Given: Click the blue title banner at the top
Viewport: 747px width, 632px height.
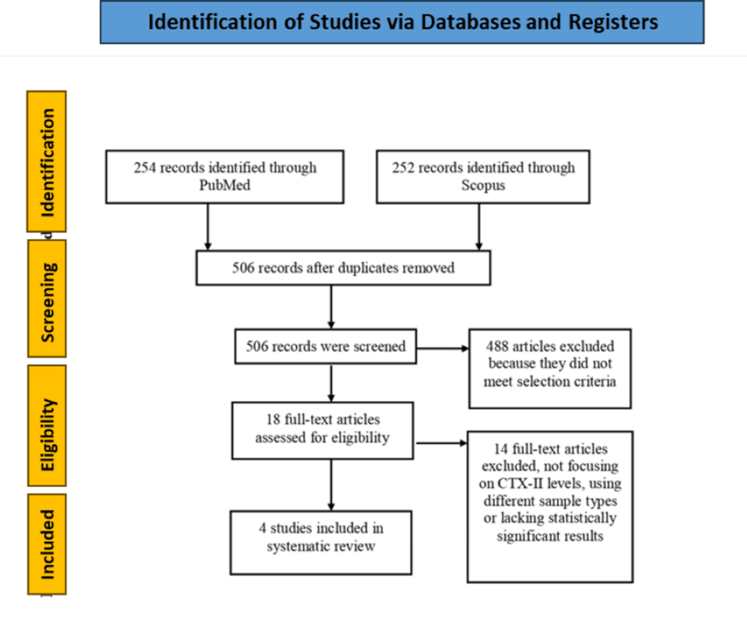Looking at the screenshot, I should [402, 22].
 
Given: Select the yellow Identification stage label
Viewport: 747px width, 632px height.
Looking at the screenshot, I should [46, 161].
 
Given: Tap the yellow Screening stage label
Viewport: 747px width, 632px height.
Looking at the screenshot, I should [46, 298].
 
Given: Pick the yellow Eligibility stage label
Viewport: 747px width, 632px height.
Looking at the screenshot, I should [46, 425].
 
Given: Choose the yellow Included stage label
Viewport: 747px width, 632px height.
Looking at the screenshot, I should [46, 543].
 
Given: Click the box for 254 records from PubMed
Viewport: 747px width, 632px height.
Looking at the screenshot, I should [224, 177].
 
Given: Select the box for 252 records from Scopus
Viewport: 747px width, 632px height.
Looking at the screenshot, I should [483, 177].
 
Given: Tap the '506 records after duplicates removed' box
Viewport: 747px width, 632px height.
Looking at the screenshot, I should [343, 268].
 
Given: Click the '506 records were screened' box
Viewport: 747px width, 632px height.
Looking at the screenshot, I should [326, 347].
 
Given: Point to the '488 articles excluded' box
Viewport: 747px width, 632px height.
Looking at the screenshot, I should [549, 368].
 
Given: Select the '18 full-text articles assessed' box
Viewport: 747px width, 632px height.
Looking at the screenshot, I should [323, 430].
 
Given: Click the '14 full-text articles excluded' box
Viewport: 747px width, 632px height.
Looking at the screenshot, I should [549, 506].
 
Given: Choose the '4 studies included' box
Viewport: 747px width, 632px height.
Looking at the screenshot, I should [321, 541].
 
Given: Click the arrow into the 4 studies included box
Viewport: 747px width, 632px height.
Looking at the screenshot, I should [331, 484].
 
